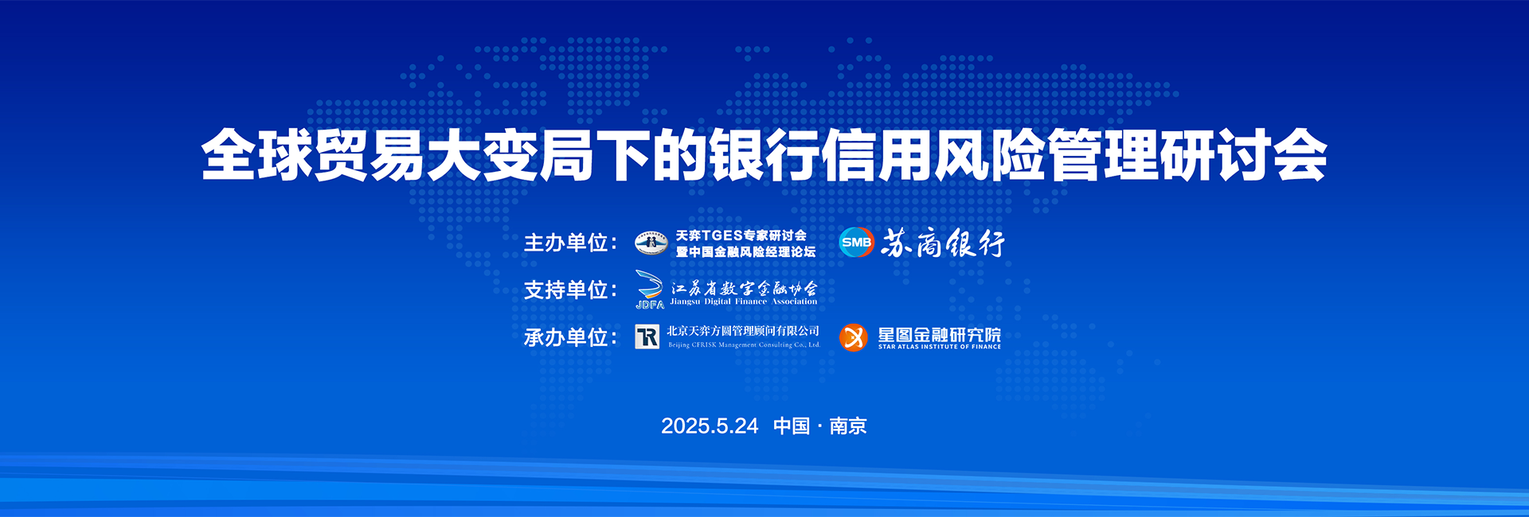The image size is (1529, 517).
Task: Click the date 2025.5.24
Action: (710, 426)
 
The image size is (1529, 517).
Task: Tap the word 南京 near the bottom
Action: (848, 426)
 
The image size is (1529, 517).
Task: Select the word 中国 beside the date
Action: (792, 426)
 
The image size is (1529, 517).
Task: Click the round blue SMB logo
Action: (856, 243)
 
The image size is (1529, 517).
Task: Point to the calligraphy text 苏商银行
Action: (943, 243)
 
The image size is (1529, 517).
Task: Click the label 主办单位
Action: (566, 243)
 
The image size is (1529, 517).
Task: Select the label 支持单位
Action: (566, 290)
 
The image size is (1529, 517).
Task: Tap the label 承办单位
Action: (566, 337)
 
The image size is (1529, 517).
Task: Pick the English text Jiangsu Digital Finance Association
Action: (744, 301)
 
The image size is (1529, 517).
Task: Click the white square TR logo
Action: (647, 337)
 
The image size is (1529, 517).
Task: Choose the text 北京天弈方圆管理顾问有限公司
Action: (743, 331)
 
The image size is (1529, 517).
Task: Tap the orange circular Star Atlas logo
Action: (853, 337)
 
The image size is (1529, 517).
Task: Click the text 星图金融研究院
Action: (940, 335)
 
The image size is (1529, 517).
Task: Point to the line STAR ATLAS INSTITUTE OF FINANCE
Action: (940, 347)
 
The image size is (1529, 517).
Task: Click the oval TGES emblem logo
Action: (651, 243)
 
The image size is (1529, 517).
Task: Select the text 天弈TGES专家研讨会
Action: (741, 235)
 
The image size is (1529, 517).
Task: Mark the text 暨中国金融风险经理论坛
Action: (746, 252)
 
